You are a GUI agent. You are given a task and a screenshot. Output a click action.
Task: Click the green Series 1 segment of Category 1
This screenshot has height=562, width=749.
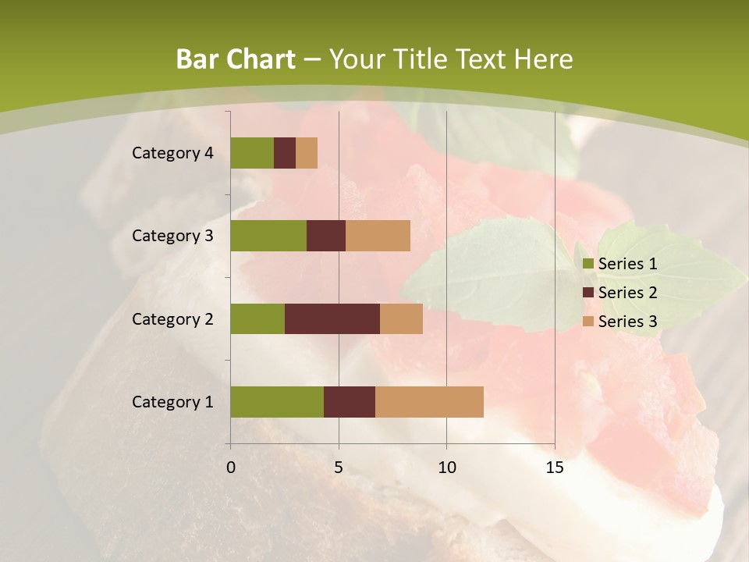tap(277, 401)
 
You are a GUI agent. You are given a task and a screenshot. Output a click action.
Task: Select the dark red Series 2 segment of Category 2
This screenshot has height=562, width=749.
tap(332, 318)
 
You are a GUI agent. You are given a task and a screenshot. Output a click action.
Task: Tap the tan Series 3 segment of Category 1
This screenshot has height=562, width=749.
tap(429, 401)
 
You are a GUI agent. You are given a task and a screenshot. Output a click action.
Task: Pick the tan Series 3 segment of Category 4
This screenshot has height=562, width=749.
tap(307, 153)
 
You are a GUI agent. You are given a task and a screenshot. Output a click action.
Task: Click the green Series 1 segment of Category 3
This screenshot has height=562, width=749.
tap(268, 236)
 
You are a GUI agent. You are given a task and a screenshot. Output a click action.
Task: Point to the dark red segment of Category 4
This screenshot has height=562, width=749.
tap(285, 153)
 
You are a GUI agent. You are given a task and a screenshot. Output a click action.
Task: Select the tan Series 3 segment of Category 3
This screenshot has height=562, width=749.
tap(378, 236)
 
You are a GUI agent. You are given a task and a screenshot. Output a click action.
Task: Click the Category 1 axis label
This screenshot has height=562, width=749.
tap(172, 402)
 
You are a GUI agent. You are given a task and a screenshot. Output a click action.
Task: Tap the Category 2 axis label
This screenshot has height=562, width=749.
tap(172, 319)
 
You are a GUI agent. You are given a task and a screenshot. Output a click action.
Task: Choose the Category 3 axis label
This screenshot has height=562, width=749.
tap(172, 236)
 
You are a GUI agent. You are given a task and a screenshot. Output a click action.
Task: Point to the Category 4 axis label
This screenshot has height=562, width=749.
tap(172, 153)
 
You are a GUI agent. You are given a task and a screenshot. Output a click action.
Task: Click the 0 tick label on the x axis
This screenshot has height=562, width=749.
tap(231, 468)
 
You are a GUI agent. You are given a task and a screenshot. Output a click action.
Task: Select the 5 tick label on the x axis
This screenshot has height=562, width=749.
tap(339, 468)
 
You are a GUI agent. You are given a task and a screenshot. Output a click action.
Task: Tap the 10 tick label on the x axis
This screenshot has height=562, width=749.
tap(446, 468)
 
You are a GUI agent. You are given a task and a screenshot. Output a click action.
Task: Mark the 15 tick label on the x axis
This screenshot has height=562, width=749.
tap(555, 468)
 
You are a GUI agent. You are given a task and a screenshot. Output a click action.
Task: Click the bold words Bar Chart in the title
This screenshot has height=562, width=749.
tap(236, 59)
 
